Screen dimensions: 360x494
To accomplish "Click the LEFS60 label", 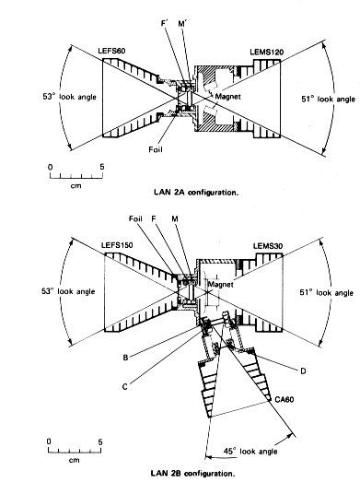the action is click(111, 51).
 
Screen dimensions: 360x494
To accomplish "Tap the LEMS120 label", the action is click(266, 52).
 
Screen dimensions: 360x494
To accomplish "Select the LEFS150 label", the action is click(117, 245).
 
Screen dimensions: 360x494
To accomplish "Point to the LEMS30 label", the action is click(268, 246).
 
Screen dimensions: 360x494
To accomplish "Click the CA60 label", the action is click(285, 399).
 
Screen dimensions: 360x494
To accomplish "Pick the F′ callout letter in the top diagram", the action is click(165, 24).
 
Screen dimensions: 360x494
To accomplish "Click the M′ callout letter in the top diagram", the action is click(182, 24).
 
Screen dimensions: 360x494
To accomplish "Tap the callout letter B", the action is click(125, 358).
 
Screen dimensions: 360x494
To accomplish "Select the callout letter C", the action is click(125, 386).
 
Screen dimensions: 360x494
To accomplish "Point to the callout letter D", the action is click(303, 371).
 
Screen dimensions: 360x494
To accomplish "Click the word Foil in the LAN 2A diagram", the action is click(156, 149).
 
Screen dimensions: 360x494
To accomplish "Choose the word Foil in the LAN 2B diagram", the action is click(135, 218).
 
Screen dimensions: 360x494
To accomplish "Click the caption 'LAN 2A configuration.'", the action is click(196, 193).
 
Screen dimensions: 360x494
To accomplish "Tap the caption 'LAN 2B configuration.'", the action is click(193, 473).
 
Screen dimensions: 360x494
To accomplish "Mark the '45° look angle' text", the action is click(250, 452).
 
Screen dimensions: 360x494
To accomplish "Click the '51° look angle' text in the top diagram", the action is click(328, 100).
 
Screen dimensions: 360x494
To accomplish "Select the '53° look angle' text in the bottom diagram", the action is click(68, 291).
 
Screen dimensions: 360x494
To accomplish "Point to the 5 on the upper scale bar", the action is click(102, 167).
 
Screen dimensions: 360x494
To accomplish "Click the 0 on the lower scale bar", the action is click(49, 441).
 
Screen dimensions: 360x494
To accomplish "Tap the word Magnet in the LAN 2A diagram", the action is click(227, 97).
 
